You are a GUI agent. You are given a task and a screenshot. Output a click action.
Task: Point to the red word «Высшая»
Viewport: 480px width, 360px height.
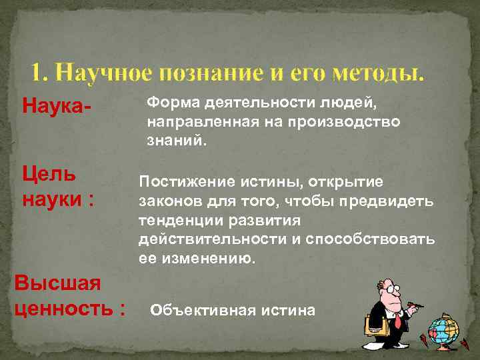(x=57, y=283)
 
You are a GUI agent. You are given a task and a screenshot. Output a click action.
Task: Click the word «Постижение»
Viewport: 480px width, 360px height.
(x=177, y=181)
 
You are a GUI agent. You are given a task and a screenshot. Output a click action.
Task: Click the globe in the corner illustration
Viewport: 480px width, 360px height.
(x=443, y=329)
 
